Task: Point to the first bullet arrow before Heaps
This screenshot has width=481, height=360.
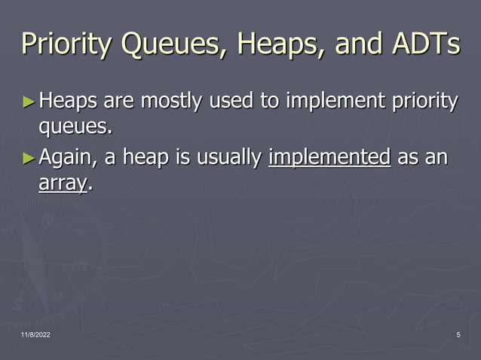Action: point(29,100)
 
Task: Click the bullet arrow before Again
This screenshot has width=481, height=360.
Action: point(29,158)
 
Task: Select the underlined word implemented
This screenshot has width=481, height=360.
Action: point(329,158)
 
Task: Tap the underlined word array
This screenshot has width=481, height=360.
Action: point(62,183)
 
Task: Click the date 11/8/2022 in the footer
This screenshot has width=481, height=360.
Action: point(37,334)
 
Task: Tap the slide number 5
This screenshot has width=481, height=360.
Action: point(458,334)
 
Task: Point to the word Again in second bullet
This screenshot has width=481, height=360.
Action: point(66,158)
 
